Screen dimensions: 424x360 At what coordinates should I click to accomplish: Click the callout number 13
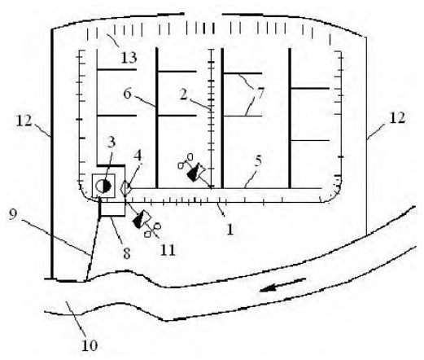click(129, 58)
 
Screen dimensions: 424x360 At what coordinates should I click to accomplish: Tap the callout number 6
click(127, 94)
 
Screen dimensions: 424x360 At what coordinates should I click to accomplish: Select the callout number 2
click(184, 94)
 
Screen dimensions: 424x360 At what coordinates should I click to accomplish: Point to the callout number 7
click(260, 94)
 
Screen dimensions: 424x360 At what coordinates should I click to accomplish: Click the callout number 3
click(111, 142)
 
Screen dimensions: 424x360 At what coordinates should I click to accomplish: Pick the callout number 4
click(138, 156)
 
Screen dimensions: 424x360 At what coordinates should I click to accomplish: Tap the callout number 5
click(258, 161)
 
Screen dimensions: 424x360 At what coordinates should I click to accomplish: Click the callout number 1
click(230, 230)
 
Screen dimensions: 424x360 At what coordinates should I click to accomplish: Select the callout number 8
click(127, 253)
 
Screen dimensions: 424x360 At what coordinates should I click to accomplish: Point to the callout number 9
click(13, 215)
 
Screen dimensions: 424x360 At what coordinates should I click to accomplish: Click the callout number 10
click(90, 345)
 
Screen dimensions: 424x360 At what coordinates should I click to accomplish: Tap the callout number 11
click(168, 250)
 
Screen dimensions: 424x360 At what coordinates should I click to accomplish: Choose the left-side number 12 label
click(24, 121)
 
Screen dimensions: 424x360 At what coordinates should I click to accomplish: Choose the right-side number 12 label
click(397, 118)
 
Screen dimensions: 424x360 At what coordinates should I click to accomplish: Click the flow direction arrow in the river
click(283, 284)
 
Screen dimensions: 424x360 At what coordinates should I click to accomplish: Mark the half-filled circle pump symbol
click(103, 186)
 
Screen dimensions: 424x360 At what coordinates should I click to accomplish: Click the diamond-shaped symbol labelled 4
click(126, 188)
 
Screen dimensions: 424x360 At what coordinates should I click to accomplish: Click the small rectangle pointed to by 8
click(112, 209)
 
